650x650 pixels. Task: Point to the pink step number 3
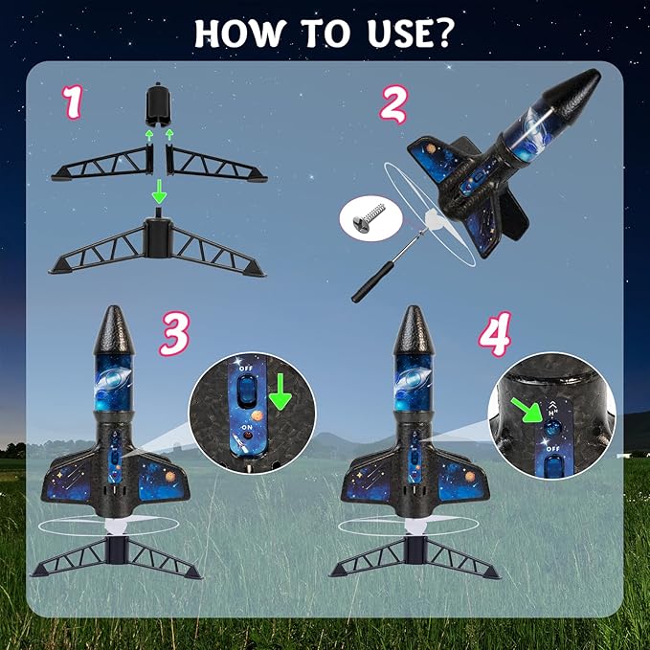coord(173,333)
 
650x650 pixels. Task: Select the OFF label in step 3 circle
coord(248,365)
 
